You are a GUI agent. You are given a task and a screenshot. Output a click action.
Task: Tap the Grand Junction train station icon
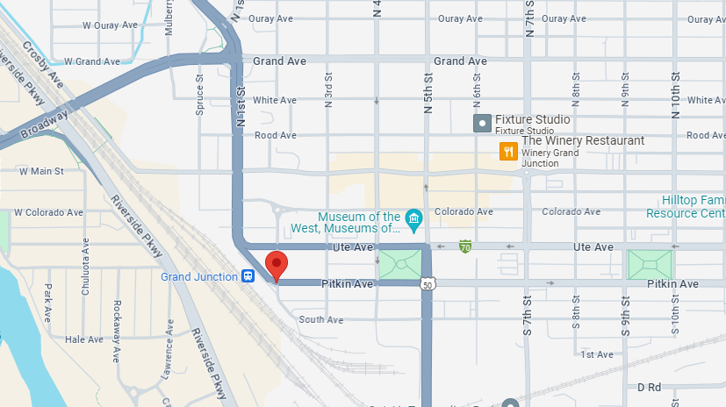point(249,276)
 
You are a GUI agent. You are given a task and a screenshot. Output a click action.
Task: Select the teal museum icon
point(413,217)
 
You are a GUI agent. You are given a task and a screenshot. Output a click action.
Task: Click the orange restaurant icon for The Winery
point(508,152)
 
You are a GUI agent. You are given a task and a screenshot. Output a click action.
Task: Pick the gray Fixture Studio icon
point(481,124)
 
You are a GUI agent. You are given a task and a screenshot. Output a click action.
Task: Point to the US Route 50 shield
point(427,285)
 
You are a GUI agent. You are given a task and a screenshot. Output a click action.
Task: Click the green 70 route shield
point(464,248)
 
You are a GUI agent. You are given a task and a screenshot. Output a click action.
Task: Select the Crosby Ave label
point(44,65)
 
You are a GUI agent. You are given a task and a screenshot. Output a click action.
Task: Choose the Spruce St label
point(199,94)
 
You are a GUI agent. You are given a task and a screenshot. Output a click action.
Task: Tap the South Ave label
point(320,320)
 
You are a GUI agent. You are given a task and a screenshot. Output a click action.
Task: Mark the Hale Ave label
point(84,339)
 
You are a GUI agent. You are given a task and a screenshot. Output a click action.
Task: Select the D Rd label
point(649,387)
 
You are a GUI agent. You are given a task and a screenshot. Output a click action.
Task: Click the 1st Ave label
point(597,354)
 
